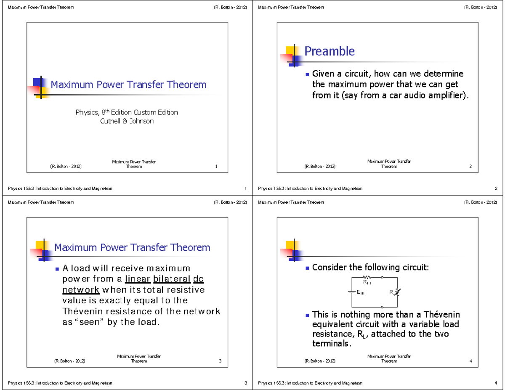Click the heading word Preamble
pyautogui.click(x=330, y=51)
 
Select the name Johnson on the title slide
pyautogui.click(x=140, y=121)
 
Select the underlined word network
pyautogui.click(x=81, y=290)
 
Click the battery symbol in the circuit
pyautogui.click(x=351, y=292)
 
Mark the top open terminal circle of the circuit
pyautogui.click(x=382, y=277)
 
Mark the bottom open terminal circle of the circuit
pyautogui.click(x=382, y=307)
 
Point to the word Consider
pyautogui.click(x=330, y=268)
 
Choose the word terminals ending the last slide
pyautogui.click(x=330, y=343)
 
